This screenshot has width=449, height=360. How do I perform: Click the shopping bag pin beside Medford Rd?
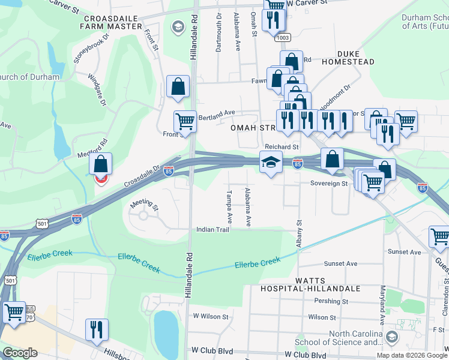tap(101, 164)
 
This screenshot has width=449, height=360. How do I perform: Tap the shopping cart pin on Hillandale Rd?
tap(185, 122)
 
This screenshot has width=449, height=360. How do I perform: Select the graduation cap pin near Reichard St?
tap(271, 162)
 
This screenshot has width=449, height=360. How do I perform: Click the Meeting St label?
tap(144, 205)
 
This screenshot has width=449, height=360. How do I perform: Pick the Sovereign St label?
tap(329, 184)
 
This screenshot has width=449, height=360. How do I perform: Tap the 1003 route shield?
tap(283, 37)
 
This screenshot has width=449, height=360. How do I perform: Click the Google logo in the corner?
tap(20, 353)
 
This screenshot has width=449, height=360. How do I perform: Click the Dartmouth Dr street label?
tap(219, 34)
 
